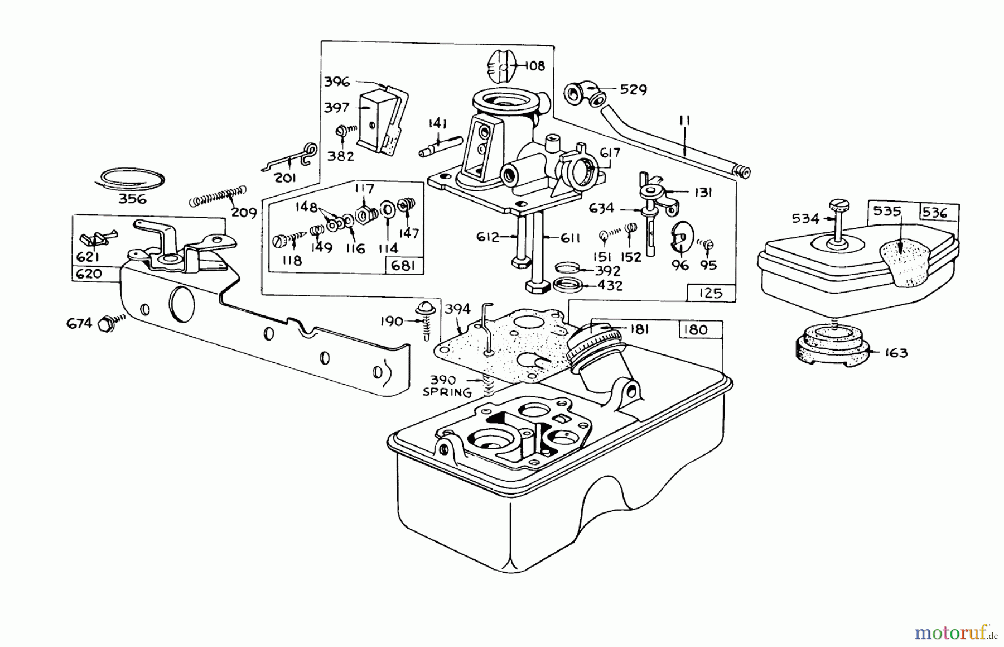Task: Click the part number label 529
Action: tap(633, 90)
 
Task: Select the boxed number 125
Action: tap(711, 293)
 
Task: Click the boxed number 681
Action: tap(403, 265)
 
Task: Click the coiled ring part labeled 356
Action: tap(129, 179)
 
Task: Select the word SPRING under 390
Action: tap(447, 393)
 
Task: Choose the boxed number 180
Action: tap(695, 329)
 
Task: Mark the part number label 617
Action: tap(610, 152)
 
